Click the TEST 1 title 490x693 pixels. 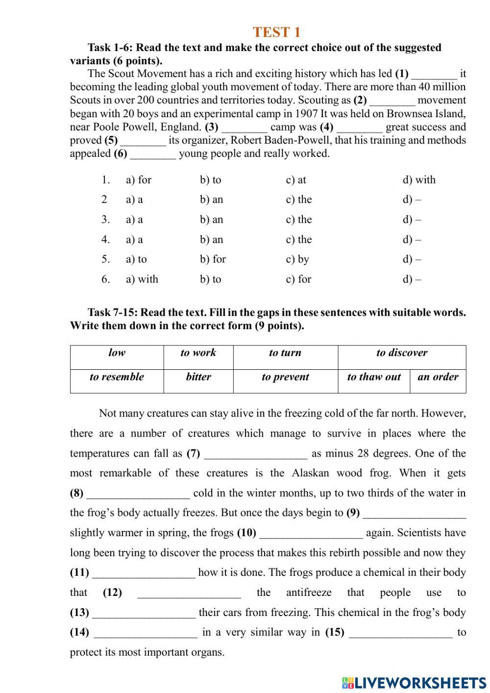(276, 32)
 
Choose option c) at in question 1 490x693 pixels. (295, 180)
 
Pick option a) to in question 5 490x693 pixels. (136, 259)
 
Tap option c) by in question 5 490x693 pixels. (297, 259)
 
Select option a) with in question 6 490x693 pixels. (142, 280)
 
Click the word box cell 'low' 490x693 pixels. (117, 353)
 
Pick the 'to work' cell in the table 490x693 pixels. (198, 353)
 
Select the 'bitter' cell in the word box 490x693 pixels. (198, 377)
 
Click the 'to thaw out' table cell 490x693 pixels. (373, 377)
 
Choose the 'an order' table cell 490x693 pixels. (438, 377)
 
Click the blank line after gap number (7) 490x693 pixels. (255, 455)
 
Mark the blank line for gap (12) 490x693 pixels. (189, 594)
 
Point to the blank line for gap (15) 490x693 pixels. (401, 634)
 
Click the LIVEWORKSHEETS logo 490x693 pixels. (414, 682)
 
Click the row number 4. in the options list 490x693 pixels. (105, 240)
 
